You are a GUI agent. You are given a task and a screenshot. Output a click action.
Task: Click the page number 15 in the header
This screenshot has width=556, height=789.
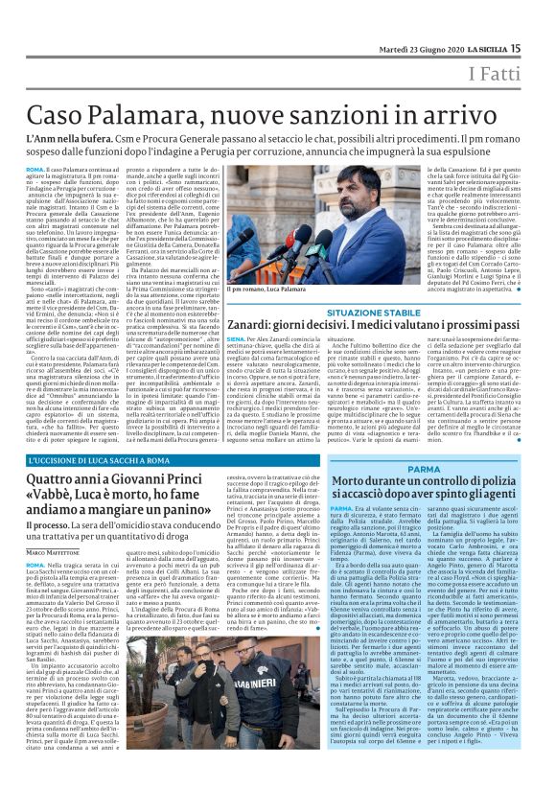point(543,21)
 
